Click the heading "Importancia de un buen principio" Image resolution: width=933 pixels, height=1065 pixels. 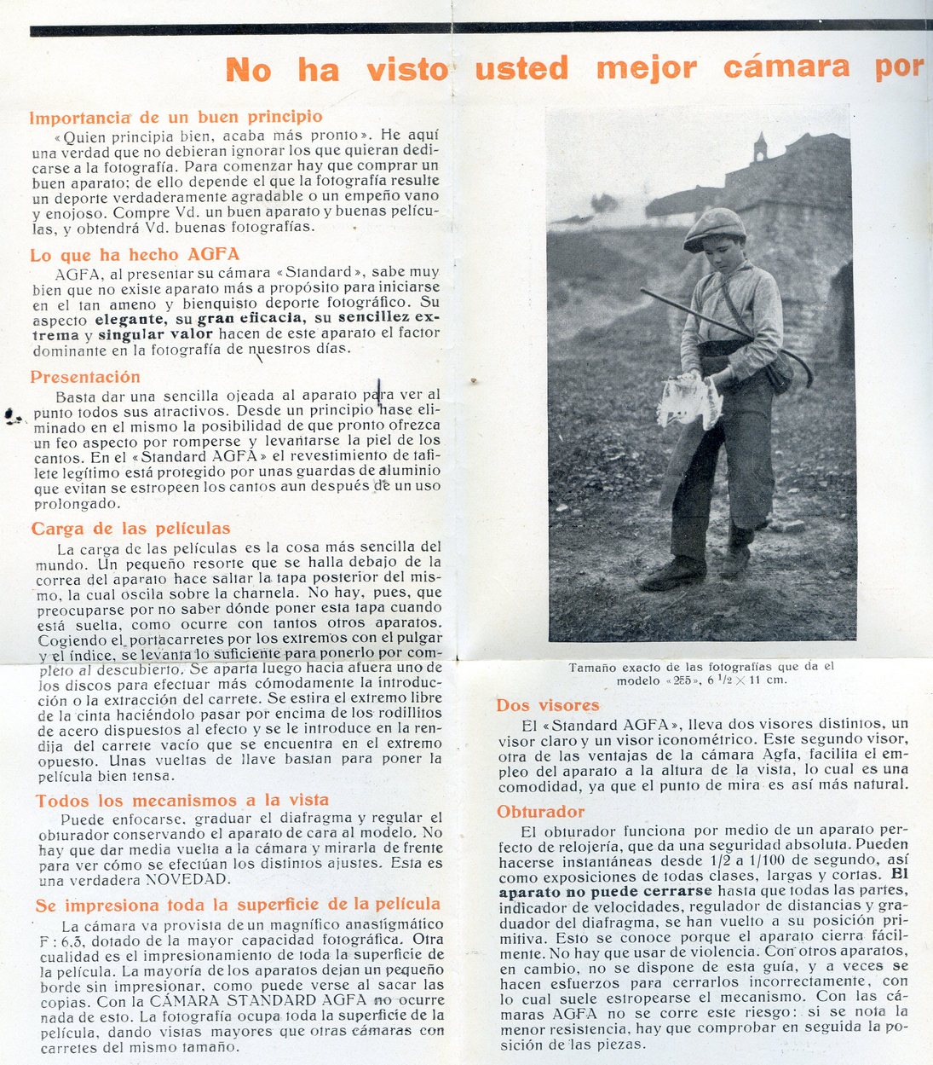(x=176, y=117)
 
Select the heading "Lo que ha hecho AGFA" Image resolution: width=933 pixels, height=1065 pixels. (x=135, y=254)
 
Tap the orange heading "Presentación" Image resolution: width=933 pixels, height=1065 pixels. (x=85, y=377)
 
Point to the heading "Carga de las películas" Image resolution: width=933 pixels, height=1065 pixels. (x=131, y=529)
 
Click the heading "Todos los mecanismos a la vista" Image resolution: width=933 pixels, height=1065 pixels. (x=181, y=800)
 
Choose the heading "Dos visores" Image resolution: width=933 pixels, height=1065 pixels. (x=548, y=705)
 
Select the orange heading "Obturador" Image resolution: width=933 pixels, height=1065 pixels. (x=541, y=812)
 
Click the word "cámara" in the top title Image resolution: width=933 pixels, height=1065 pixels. (x=786, y=67)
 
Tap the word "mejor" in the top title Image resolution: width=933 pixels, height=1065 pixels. (x=647, y=67)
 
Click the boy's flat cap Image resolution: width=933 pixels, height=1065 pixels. (x=714, y=226)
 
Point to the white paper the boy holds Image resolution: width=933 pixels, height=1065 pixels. (x=688, y=401)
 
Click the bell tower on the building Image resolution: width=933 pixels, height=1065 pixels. (x=760, y=147)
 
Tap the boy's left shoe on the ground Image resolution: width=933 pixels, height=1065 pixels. (x=673, y=573)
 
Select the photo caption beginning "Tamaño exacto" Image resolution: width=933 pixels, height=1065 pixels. (x=701, y=674)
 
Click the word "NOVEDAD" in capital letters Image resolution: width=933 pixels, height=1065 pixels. (x=187, y=878)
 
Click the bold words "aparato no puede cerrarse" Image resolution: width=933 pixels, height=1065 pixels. (x=605, y=891)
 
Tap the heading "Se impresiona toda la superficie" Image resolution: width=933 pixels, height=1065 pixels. (x=238, y=905)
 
